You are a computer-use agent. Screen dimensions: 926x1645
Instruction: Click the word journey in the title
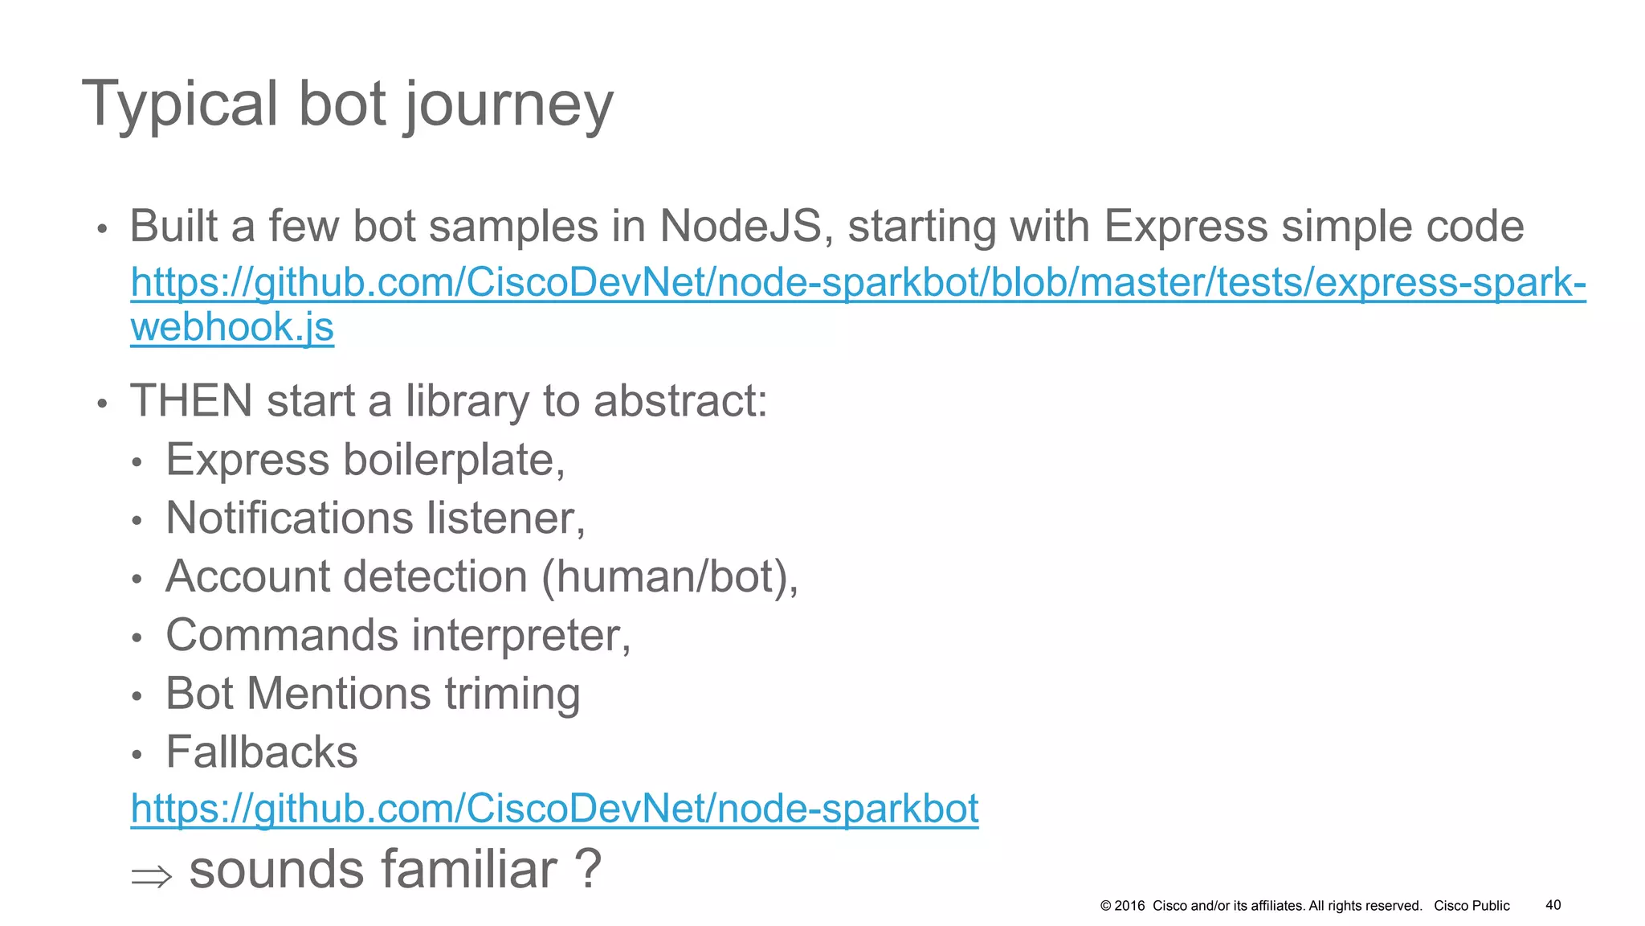(x=509, y=104)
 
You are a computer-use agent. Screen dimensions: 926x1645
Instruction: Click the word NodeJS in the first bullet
(x=741, y=226)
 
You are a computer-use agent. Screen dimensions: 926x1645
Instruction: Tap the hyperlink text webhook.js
(x=232, y=327)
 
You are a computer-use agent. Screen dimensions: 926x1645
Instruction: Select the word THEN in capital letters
(x=191, y=400)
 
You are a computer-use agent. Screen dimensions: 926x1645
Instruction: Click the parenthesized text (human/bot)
(x=670, y=576)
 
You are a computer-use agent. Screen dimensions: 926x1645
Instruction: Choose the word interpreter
(x=521, y=635)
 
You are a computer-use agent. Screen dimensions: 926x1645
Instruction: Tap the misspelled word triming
(x=512, y=694)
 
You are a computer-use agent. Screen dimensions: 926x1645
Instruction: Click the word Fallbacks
(x=262, y=752)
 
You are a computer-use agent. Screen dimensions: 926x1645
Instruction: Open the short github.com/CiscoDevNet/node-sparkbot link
(x=554, y=808)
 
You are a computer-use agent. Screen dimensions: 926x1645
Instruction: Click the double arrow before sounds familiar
(x=151, y=875)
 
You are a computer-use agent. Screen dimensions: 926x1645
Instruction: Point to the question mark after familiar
(x=588, y=869)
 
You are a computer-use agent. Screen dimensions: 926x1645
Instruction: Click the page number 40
(x=1553, y=905)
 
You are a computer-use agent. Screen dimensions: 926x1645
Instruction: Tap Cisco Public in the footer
(x=1472, y=906)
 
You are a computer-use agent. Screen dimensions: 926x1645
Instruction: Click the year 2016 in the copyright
(x=1129, y=906)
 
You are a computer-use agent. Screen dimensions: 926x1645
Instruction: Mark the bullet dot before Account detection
(x=137, y=579)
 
